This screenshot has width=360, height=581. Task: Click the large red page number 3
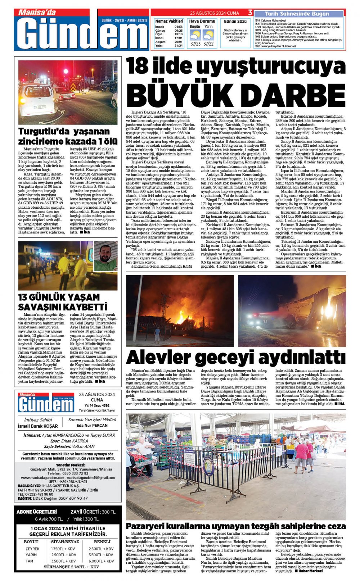coord(250,13)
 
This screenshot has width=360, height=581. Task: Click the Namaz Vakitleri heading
coord(169,21)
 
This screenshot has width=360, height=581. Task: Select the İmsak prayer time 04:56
coord(178,27)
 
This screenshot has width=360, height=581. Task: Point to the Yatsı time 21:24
coord(178,46)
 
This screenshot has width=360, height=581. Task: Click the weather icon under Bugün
coord(195,35)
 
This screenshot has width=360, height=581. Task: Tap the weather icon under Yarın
coord(208,35)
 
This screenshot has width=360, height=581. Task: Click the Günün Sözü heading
coord(235,22)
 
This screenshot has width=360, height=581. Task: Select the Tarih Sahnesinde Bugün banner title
coord(297,14)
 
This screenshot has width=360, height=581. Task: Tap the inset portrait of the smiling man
coord(105,256)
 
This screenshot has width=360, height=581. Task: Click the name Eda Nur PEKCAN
coord(92,425)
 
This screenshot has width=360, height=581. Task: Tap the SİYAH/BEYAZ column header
coord(65,541)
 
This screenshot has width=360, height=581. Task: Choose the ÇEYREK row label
coord(32,549)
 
